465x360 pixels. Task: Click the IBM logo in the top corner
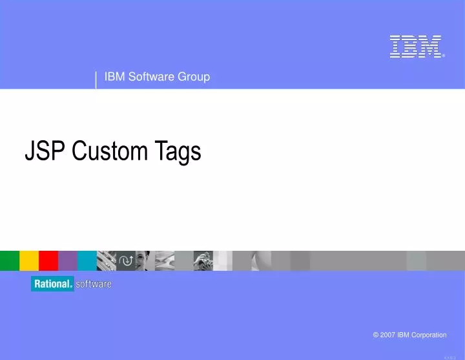pos(416,47)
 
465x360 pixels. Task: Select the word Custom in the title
pos(110,151)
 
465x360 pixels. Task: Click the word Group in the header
pos(195,77)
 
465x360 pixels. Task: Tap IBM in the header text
pos(114,77)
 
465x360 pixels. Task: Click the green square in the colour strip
pos(9,260)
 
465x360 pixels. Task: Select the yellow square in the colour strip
pos(29,260)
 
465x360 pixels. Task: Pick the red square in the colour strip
pos(48,260)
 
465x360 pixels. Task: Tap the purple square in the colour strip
pos(68,260)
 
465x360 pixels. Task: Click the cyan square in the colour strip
pos(87,260)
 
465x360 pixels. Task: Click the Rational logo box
pos(52,284)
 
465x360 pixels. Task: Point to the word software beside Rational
pos(94,284)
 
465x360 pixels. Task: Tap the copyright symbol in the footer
pos(376,335)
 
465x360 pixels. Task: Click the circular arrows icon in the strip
pos(126,260)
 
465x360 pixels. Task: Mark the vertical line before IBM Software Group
pos(96,80)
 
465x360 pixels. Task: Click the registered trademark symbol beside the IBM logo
pos(444,56)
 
